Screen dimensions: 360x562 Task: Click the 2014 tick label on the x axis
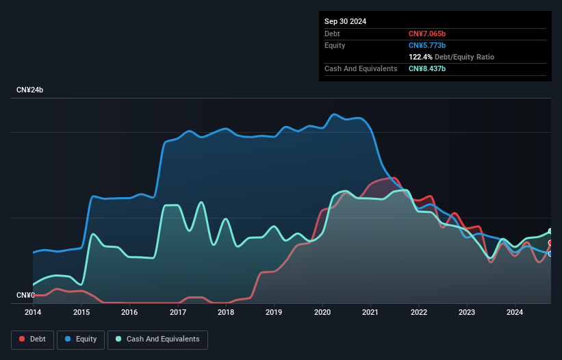(33, 312)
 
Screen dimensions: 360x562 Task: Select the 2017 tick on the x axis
(178, 312)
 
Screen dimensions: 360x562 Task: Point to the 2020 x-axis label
(322, 312)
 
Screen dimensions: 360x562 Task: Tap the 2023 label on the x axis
(467, 312)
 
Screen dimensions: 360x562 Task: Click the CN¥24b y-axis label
(30, 90)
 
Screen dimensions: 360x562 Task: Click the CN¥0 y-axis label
(25, 296)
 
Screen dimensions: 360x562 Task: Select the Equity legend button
(81, 339)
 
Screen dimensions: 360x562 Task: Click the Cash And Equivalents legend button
(157, 339)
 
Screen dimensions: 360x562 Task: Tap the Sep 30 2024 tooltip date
(345, 21)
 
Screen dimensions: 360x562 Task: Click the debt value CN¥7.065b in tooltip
(427, 34)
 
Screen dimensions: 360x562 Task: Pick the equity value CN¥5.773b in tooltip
(427, 45)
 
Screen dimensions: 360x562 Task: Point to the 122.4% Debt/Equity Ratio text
(451, 57)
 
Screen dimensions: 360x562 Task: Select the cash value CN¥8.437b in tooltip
(427, 69)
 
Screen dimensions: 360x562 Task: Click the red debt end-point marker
(550, 243)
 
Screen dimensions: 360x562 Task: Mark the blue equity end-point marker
(550, 254)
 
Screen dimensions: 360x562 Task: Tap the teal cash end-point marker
(550, 231)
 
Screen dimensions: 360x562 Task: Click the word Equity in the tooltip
(335, 45)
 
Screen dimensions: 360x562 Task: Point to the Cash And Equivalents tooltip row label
(361, 69)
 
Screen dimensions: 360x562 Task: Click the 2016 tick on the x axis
(129, 312)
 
